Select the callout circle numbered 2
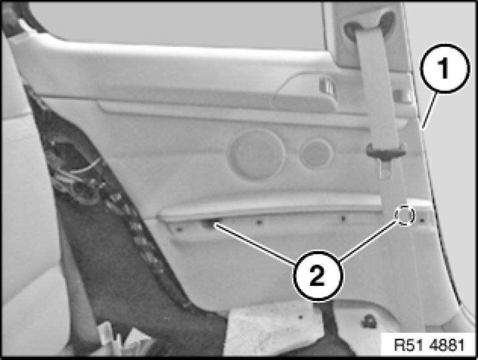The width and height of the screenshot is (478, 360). point(318,276)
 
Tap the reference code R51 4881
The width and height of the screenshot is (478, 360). point(429,346)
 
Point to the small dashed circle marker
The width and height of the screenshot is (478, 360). point(405,215)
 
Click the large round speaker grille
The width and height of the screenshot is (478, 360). point(257,154)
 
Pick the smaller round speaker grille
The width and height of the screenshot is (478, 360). point(316,154)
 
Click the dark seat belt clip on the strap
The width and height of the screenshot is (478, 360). point(386,150)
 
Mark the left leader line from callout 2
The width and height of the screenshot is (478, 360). point(255,243)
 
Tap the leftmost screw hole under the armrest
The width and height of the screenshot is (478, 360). point(179,228)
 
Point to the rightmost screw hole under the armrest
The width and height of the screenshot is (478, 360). point(422,220)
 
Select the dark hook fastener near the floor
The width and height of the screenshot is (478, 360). point(369,321)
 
